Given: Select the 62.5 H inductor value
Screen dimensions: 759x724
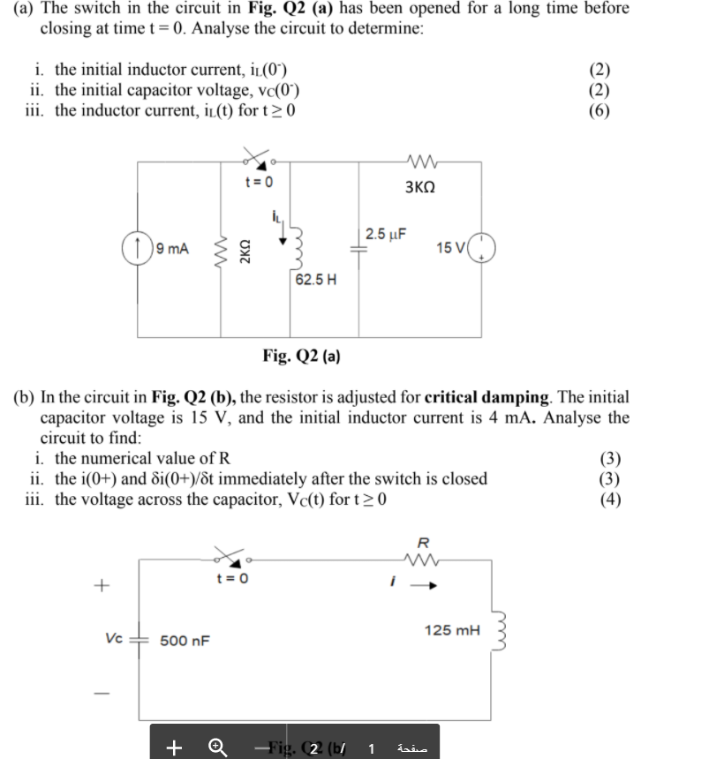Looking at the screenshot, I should tap(315, 280).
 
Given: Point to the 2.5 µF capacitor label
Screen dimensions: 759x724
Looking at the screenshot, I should tap(386, 235).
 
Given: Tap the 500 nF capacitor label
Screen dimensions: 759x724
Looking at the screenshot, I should tap(185, 640).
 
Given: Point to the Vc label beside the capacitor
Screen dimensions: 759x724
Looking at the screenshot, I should tap(112, 635).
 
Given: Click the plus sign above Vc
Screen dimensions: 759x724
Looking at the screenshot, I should tap(102, 584).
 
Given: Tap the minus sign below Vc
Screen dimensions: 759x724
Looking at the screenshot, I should tap(102, 693).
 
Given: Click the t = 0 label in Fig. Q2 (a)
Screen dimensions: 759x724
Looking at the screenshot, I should tap(259, 182).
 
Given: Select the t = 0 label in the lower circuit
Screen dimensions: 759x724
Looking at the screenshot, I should tap(232, 579).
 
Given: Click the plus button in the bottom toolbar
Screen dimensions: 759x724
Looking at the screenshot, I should tap(174, 748).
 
